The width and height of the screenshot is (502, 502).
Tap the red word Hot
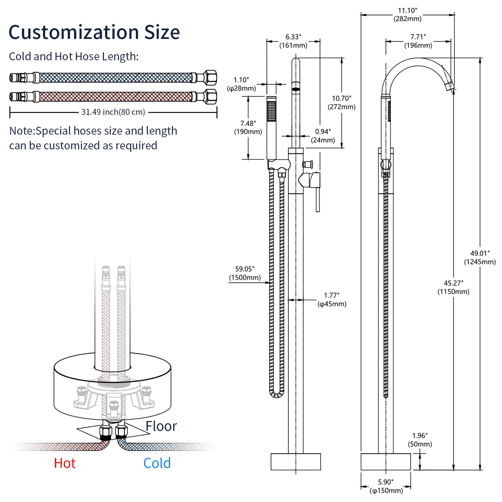point(65,463)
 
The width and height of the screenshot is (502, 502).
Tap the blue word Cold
point(157,463)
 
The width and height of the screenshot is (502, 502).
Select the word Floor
point(161,426)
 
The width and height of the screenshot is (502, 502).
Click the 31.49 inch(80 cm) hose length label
point(113,112)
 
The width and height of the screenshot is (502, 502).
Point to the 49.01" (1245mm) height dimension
point(480,258)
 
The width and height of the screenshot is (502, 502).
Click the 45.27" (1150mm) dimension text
point(453,288)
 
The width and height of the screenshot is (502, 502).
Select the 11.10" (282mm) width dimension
point(408,15)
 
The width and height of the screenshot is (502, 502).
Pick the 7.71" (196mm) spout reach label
point(418,41)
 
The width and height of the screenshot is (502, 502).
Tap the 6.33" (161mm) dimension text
point(293,41)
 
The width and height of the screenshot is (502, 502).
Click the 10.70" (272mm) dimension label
point(341,102)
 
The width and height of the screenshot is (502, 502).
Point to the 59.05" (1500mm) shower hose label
point(245,273)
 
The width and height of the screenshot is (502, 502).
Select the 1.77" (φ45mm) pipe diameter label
point(332,300)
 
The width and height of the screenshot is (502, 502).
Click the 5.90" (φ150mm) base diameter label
point(386,486)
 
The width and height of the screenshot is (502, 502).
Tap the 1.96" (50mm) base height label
point(420,440)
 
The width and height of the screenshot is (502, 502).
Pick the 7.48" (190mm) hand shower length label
point(248,127)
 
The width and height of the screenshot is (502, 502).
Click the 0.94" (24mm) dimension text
point(323,136)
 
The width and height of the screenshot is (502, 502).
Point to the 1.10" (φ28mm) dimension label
point(241,84)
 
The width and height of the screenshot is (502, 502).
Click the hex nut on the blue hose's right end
point(210,77)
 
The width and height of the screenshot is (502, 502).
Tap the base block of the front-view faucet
point(296,462)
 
